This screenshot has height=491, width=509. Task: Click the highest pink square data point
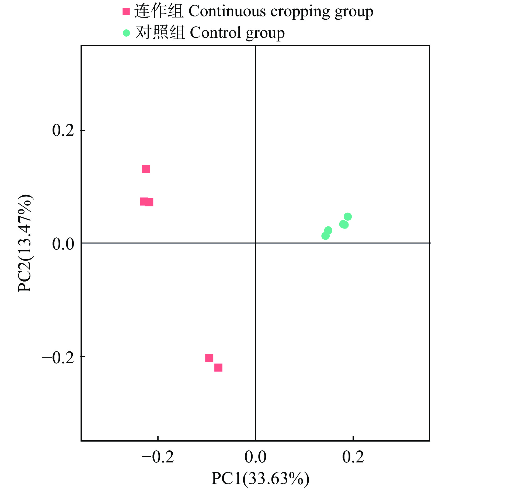(146, 169)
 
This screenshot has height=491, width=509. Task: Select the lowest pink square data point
(218, 368)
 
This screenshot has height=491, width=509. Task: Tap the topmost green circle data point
(348, 217)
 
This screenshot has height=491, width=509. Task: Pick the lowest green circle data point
(325, 236)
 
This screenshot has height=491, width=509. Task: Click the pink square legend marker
(126, 12)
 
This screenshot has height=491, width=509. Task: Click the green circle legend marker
(126, 33)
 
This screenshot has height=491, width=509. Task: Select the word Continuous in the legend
(227, 11)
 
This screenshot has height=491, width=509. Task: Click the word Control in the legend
(215, 33)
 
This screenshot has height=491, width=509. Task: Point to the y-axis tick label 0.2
(63, 130)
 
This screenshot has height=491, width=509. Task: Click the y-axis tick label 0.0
(63, 244)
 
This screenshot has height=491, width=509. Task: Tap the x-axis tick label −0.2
(158, 457)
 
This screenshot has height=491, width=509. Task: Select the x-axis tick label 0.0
(255, 457)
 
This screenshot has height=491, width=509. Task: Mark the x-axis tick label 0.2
(353, 457)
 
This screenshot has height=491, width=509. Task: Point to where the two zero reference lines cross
(256, 243)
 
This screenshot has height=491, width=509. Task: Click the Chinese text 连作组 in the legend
(159, 11)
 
